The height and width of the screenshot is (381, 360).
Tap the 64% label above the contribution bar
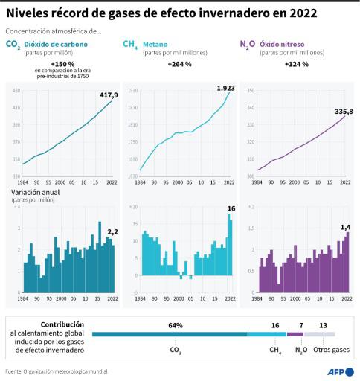(x=176, y=325)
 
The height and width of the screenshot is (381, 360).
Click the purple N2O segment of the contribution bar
(x=295, y=334)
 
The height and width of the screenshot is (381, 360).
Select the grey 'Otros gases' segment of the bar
(x=320, y=334)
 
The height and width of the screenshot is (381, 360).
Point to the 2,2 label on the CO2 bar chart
(x=112, y=232)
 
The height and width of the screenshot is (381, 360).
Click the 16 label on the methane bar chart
(x=231, y=208)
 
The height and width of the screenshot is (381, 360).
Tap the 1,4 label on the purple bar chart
(x=345, y=225)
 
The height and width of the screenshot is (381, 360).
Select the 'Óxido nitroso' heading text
(x=282, y=45)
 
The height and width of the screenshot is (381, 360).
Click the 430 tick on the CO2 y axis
(x=16, y=90)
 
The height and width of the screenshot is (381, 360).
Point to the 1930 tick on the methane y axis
(x=132, y=90)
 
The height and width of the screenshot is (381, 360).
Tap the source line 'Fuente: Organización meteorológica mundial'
(x=57, y=371)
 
